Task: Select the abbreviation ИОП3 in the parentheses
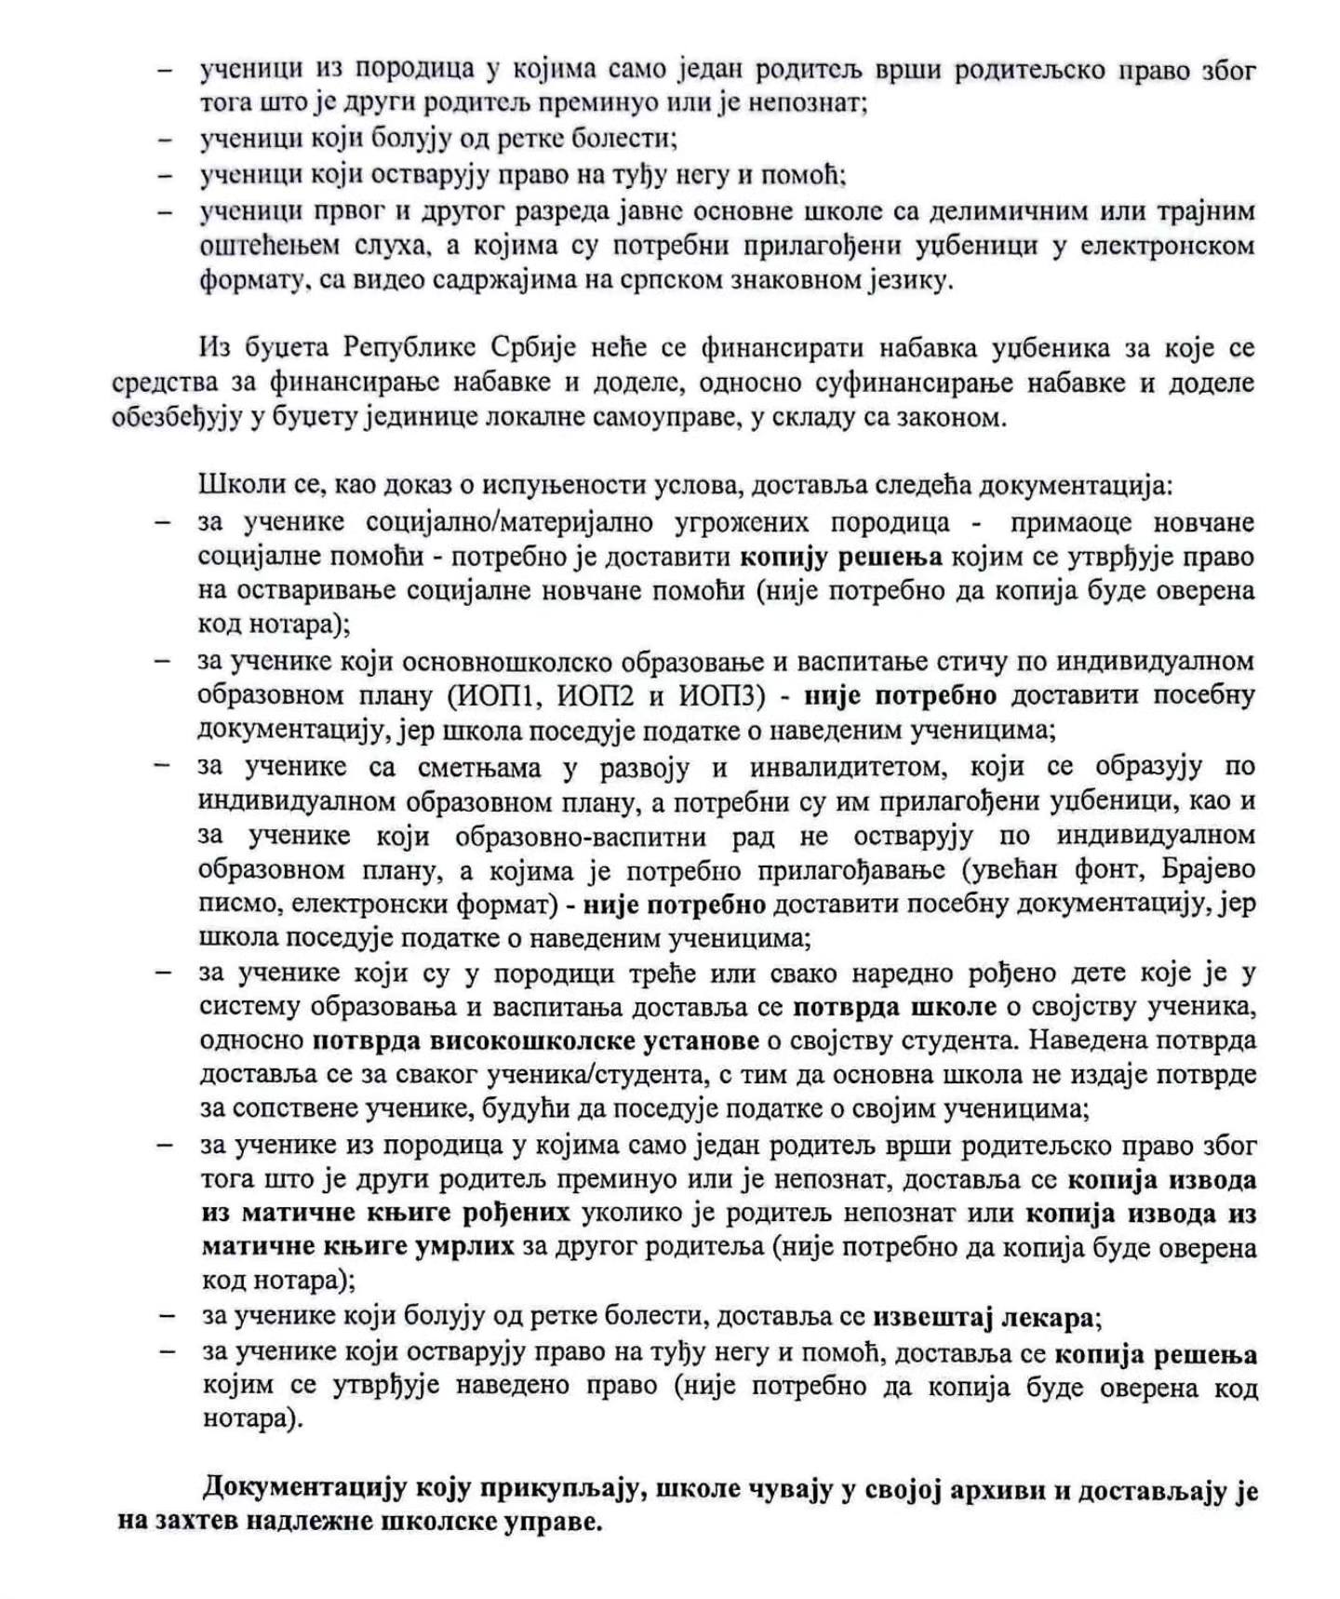click(716, 696)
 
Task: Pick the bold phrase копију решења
click(841, 557)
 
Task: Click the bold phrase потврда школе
click(894, 1007)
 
